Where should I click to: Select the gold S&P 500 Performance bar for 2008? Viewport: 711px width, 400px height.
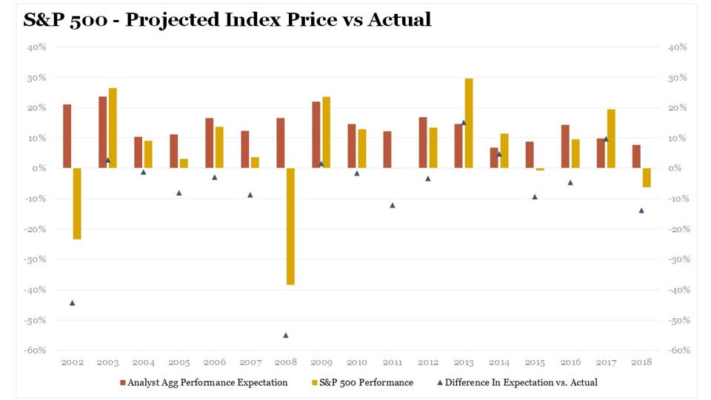click(x=290, y=226)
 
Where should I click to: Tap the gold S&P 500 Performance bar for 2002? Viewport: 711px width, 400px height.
click(x=77, y=204)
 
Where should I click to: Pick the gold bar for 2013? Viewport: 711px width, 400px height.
click(x=468, y=123)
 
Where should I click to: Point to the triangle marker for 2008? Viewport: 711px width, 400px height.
click(x=286, y=335)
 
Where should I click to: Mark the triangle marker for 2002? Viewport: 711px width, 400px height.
click(x=73, y=302)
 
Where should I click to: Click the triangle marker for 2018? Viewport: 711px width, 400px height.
click(x=641, y=210)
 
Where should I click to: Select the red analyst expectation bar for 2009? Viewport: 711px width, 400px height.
click(x=316, y=135)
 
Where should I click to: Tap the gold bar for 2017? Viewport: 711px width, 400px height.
click(x=610, y=139)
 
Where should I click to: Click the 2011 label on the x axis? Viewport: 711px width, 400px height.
click(x=393, y=363)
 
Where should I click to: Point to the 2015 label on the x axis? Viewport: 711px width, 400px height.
click(x=535, y=363)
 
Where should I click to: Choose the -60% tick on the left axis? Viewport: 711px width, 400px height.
click(x=36, y=350)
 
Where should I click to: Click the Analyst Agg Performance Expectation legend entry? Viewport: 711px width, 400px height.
click(x=204, y=382)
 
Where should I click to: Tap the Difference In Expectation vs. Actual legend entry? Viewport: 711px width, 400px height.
click(x=523, y=382)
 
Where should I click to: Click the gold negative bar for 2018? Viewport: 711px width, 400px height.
click(x=646, y=178)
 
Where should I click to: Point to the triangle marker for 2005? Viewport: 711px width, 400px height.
click(x=179, y=193)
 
